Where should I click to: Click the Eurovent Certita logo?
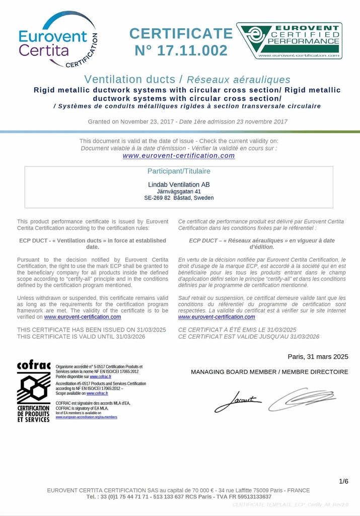(x=57, y=40)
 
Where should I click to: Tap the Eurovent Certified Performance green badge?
(x=289, y=40)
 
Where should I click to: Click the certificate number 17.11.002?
(x=181, y=50)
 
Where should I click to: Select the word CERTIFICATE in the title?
(x=181, y=33)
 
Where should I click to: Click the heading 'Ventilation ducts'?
(x=129, y=79)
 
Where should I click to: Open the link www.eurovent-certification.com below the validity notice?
(x=179, y=156)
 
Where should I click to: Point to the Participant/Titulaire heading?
(x=179, y=171)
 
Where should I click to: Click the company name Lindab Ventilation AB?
(x=179, y=184)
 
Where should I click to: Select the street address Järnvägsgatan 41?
(x=179, y=191)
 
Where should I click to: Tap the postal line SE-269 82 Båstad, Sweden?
(x=179, y=198)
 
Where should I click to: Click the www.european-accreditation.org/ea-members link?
(x=86, y=417)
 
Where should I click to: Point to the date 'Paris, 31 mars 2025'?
(x=318, y=357)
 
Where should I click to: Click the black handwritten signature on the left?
(x=238, y=402)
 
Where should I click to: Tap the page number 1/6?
(x=343, y=481)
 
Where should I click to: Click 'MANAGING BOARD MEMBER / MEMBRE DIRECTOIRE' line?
(x=269, y=372)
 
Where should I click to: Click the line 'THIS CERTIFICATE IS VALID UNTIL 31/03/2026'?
(x=81, y=337)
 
